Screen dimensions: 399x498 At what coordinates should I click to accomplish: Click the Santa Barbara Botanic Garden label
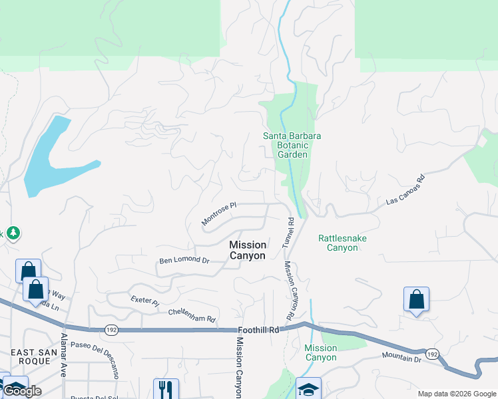coord(292,145)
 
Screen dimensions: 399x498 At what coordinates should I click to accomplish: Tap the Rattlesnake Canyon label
coord(342,243)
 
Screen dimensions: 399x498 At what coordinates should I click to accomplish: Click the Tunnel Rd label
coord(288,233)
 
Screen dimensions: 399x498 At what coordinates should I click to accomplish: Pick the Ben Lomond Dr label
coord(184,261)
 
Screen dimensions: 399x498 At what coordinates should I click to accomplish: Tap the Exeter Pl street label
coord(144,302)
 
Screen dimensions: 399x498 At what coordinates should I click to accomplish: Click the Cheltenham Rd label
coord(192,315)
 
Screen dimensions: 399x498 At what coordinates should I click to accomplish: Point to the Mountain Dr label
coord(402,358)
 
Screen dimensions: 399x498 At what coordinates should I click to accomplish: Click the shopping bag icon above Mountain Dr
coord(416,300)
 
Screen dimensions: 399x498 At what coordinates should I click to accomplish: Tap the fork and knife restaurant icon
coord(166,389)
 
